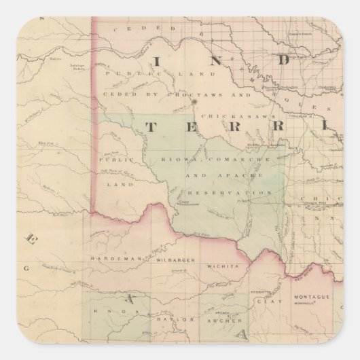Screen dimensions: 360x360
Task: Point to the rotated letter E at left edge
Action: point(31,238)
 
